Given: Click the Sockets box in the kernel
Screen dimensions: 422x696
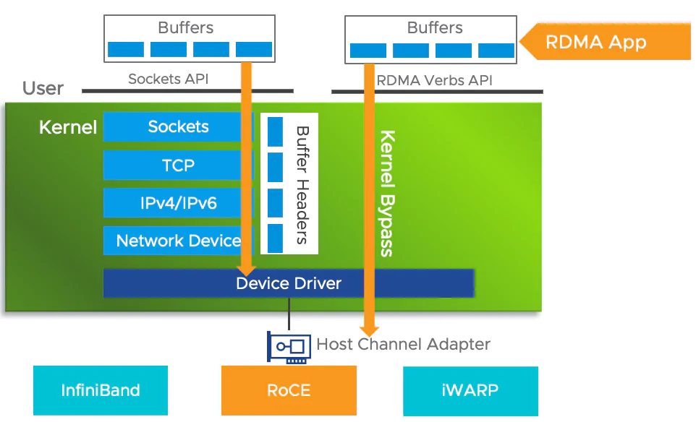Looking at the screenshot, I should point(178,126).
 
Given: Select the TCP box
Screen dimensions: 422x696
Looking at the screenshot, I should point(178,165).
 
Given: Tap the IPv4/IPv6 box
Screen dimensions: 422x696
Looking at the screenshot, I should point(178,203).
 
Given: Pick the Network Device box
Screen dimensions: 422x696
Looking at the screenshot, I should point(178,241).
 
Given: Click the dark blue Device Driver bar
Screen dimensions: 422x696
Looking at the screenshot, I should point(288,283).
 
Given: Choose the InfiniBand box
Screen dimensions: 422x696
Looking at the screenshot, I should point(101,390).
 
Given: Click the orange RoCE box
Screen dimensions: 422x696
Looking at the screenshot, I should point(289,390).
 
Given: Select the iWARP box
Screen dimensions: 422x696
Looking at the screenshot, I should point(470,390).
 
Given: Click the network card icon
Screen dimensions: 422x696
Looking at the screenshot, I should point(289,347).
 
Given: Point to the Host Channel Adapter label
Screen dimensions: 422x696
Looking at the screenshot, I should point(403,345).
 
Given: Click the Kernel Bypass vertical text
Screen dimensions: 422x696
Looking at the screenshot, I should point(387,193).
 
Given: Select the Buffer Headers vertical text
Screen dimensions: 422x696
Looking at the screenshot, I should point(302,185).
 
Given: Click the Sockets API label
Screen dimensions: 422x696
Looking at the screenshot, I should point(168,79).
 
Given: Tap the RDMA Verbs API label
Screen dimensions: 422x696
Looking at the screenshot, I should point(434,80).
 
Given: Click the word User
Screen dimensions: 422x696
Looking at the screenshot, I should point(43,89).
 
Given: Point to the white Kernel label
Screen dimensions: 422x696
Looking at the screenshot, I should point(68,128).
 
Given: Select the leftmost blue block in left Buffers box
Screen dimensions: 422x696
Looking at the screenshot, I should point(126,50).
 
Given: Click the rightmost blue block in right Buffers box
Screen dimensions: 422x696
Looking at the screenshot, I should point(496,51).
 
